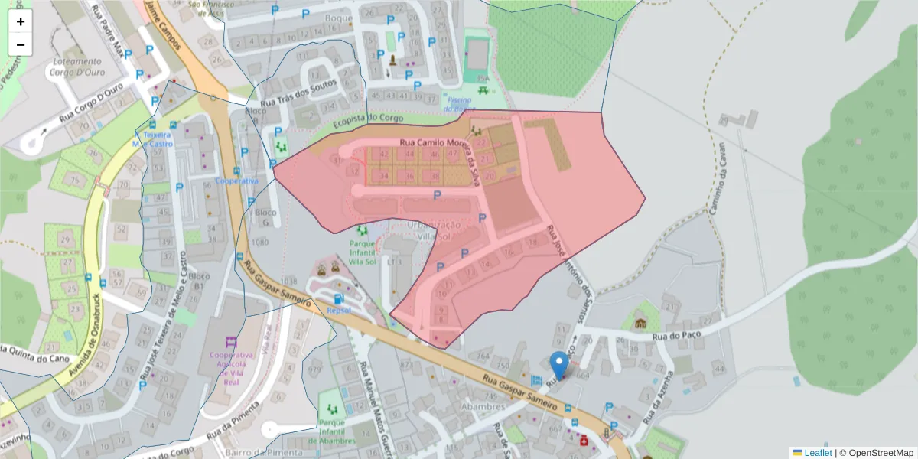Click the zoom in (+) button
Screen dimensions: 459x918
click(21, 21)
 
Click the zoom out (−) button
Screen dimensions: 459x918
click(21, 44)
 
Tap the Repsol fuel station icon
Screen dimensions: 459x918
click(339, 299)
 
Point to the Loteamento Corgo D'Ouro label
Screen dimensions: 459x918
click(77, 67)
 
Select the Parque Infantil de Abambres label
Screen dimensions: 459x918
click(337, 432)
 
